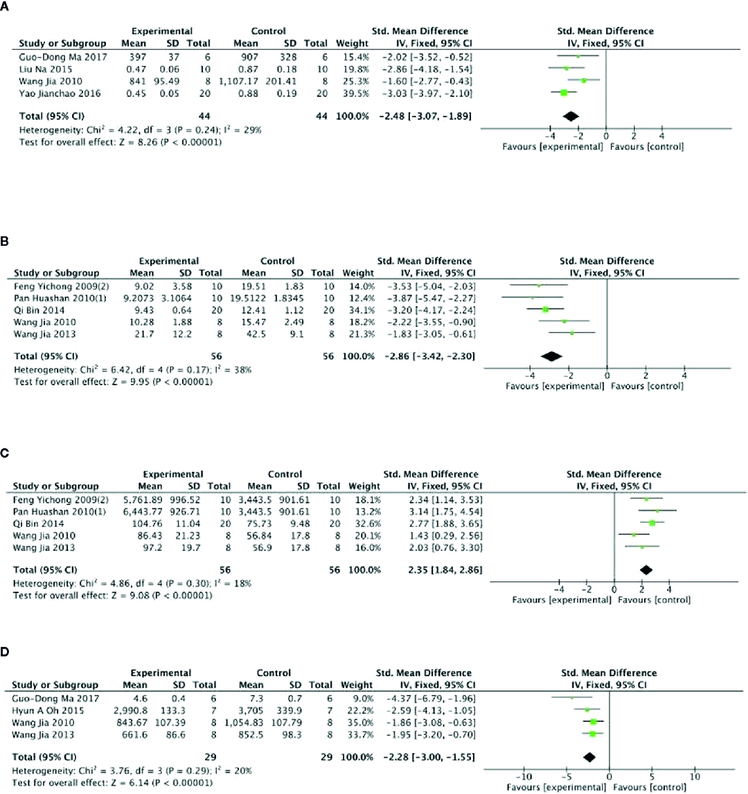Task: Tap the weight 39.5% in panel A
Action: [347, 92]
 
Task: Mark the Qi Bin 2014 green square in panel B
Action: [545, 309]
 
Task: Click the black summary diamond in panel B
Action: [552, 356]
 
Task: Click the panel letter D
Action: [6, 651]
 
